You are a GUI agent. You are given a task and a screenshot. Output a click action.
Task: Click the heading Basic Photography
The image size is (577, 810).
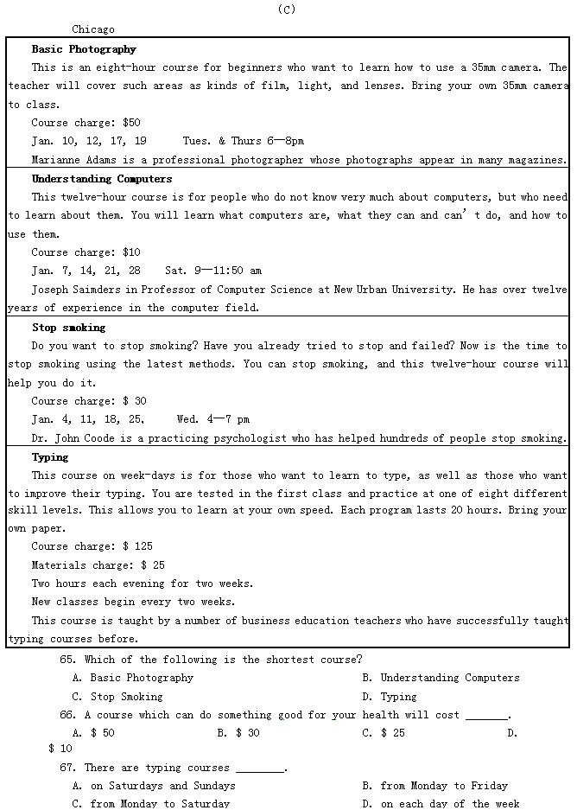(84, 49)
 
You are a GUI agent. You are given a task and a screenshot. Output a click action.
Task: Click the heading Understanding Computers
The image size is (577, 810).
(102, 179)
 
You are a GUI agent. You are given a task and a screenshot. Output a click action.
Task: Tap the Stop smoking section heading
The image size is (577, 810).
(68, 328)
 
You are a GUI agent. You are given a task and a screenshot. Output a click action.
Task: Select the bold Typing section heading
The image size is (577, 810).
(50, 457)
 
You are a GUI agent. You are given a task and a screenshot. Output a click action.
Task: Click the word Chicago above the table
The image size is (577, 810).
(93, 29)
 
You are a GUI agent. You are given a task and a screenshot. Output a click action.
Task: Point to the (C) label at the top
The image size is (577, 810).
(288, 10)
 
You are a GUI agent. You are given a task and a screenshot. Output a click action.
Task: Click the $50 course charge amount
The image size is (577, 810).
(131, 123)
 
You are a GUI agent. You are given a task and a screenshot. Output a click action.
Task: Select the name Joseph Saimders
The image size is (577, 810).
(74, 290)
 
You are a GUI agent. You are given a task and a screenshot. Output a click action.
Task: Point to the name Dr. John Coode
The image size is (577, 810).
(73, 438)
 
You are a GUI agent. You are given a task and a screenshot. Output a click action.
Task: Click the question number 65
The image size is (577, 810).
(67, 660)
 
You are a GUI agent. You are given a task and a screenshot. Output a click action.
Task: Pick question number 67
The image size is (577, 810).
(67, 768)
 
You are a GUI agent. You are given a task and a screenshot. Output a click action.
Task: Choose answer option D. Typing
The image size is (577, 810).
(390, 697)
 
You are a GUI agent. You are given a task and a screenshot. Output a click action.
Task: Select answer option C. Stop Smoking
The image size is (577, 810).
(117, 697)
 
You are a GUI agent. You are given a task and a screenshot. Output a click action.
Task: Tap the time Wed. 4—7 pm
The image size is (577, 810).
(212, 419)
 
